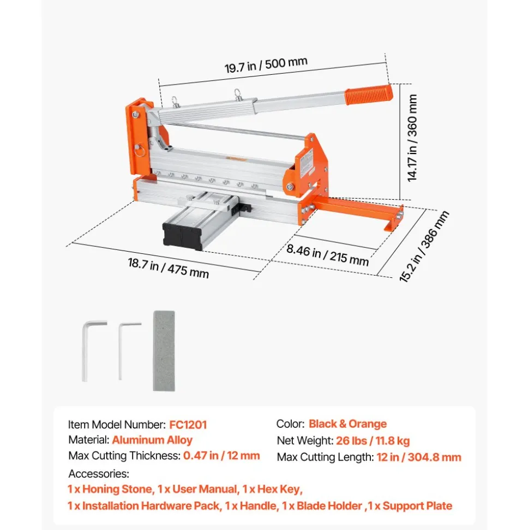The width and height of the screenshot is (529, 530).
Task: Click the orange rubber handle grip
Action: [x=369, y=94]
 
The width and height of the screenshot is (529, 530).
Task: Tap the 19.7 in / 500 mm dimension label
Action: [x=266, y=64]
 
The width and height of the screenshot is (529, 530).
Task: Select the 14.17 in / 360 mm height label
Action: [x=412, y=138]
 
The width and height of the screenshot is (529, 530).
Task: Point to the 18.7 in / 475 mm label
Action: [x=168, y=268]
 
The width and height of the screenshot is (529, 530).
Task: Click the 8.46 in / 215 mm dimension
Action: [x=327, y=255]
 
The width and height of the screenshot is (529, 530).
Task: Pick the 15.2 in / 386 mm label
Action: [x=424, y=246]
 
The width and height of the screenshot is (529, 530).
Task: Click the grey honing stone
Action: [x=164, y=351]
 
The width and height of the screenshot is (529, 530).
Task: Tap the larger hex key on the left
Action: [x=92, y=350]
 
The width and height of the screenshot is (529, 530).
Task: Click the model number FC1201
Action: [x=188, y=425]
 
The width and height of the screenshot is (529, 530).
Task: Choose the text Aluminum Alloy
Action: [x=152, y=440]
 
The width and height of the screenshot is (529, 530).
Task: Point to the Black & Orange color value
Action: [x=347, y=424]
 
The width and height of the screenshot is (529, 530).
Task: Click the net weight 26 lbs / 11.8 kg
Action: [x=373, y=440]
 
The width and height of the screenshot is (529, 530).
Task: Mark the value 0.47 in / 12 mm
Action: [x=221, y=455]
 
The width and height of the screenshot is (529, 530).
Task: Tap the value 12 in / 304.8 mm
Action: [x=419, y=457]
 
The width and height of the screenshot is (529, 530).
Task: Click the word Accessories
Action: [x=99, y=474]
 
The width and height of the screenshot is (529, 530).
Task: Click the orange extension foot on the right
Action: [x=359, y=212]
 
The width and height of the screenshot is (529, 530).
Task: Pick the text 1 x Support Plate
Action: [x=410, y=505]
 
